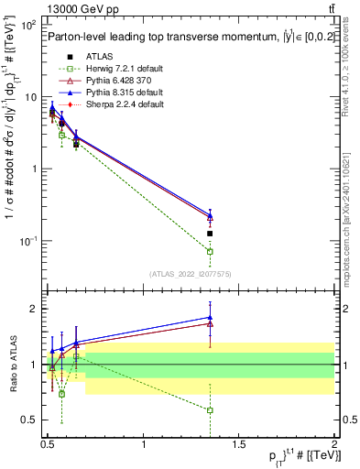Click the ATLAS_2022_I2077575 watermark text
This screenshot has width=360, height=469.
tap(190, 274)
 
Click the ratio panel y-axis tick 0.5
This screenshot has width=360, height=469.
tap(30, 420)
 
